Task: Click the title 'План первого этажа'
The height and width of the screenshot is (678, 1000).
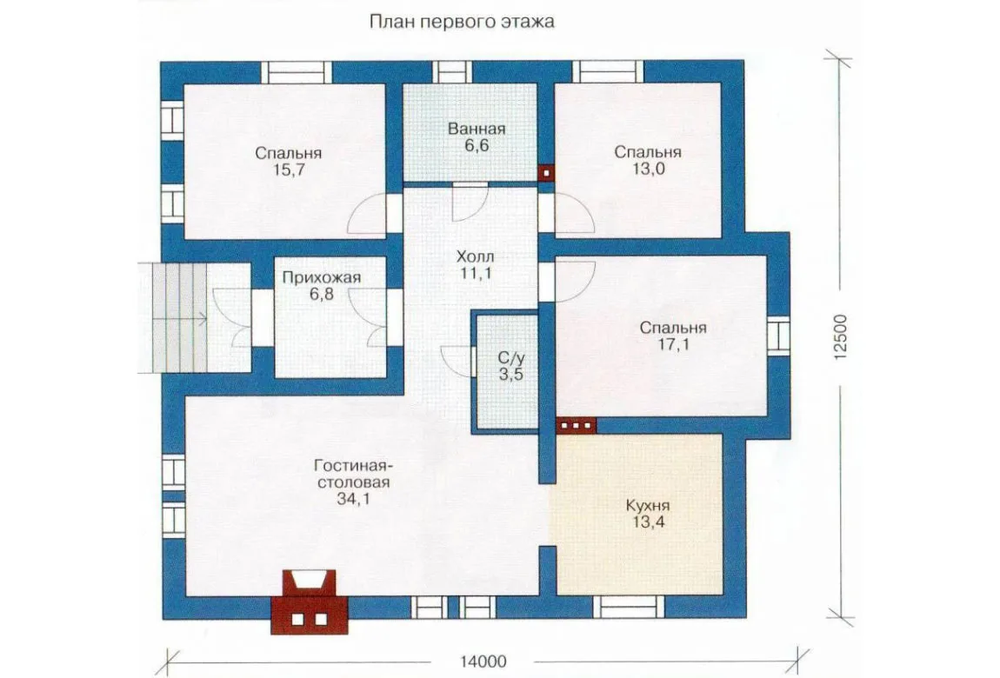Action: pos(462,23)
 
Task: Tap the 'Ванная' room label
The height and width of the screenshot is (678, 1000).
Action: pos(477,130)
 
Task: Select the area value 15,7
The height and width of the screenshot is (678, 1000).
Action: pos(289,170)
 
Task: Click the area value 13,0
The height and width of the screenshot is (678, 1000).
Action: pos(648,169)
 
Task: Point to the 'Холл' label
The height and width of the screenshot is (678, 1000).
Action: pos(475,257)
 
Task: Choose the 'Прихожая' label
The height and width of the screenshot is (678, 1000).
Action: pos(322,278)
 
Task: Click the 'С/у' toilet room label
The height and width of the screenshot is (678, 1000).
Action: pos(511,357)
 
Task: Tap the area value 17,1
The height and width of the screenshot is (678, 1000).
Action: pos(673,345)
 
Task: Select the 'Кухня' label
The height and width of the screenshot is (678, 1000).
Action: pos(648,506)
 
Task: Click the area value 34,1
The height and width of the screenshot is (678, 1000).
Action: pos(353,499)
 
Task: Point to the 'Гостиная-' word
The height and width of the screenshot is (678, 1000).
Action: pos(353,465)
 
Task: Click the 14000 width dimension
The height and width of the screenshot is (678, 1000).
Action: pos(483,661)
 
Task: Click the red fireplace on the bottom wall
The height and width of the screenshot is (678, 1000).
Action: pos(310,602)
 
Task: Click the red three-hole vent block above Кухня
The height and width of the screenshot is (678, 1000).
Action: pos(576,426)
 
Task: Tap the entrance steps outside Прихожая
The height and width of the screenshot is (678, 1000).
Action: pos(173,318)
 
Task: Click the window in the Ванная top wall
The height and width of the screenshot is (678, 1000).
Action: pos(452,72)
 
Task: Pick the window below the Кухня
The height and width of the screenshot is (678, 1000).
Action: pos(629,608)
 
